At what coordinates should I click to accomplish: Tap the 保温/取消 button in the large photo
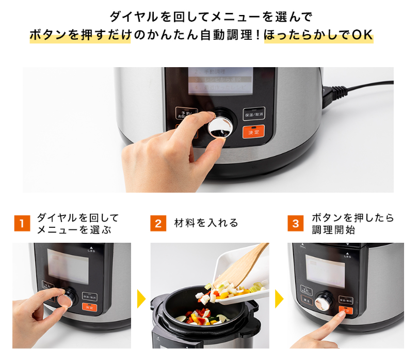tap(253, 114)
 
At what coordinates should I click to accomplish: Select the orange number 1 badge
tap(21, 224)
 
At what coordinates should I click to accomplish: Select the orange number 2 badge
tap(158, 224)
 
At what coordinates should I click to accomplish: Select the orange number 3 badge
tap(295, 224)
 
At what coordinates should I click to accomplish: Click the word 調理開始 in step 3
tap(333, 230)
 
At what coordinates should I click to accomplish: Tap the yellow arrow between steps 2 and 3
tap(279, 299)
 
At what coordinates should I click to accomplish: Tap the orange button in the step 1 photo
tap(89, 307)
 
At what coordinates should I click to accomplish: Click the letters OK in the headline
tap(362, 35)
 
